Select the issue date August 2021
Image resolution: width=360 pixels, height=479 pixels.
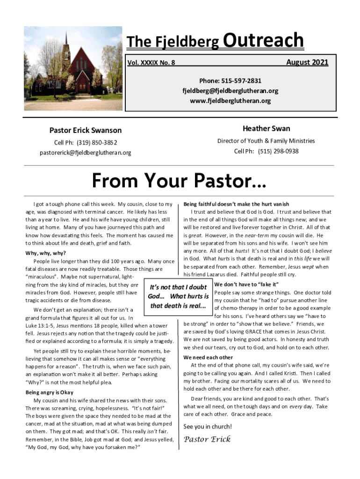[x=307, y=62]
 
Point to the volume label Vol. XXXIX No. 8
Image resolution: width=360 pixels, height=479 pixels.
[x=151, y=63]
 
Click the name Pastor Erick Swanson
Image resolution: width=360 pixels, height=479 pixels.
[x=86, y=131]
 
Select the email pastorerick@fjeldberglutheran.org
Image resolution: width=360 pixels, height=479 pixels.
[x=86, y=152]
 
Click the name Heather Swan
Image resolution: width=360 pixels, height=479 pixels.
[x=266, y=129]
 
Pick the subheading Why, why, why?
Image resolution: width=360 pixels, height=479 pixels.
[x=45, y=254]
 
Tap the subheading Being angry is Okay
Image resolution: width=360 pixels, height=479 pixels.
[x=49, y=392]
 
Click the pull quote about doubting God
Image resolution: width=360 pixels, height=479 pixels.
[x=178, y=297]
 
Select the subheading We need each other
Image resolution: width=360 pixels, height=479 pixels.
[x=208, y=358]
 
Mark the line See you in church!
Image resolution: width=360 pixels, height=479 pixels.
[x=208, y=427]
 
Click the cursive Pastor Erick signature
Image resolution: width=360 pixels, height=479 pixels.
[x=207, y=439]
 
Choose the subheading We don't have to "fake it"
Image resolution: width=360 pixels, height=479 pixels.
[x=246, y=284]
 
